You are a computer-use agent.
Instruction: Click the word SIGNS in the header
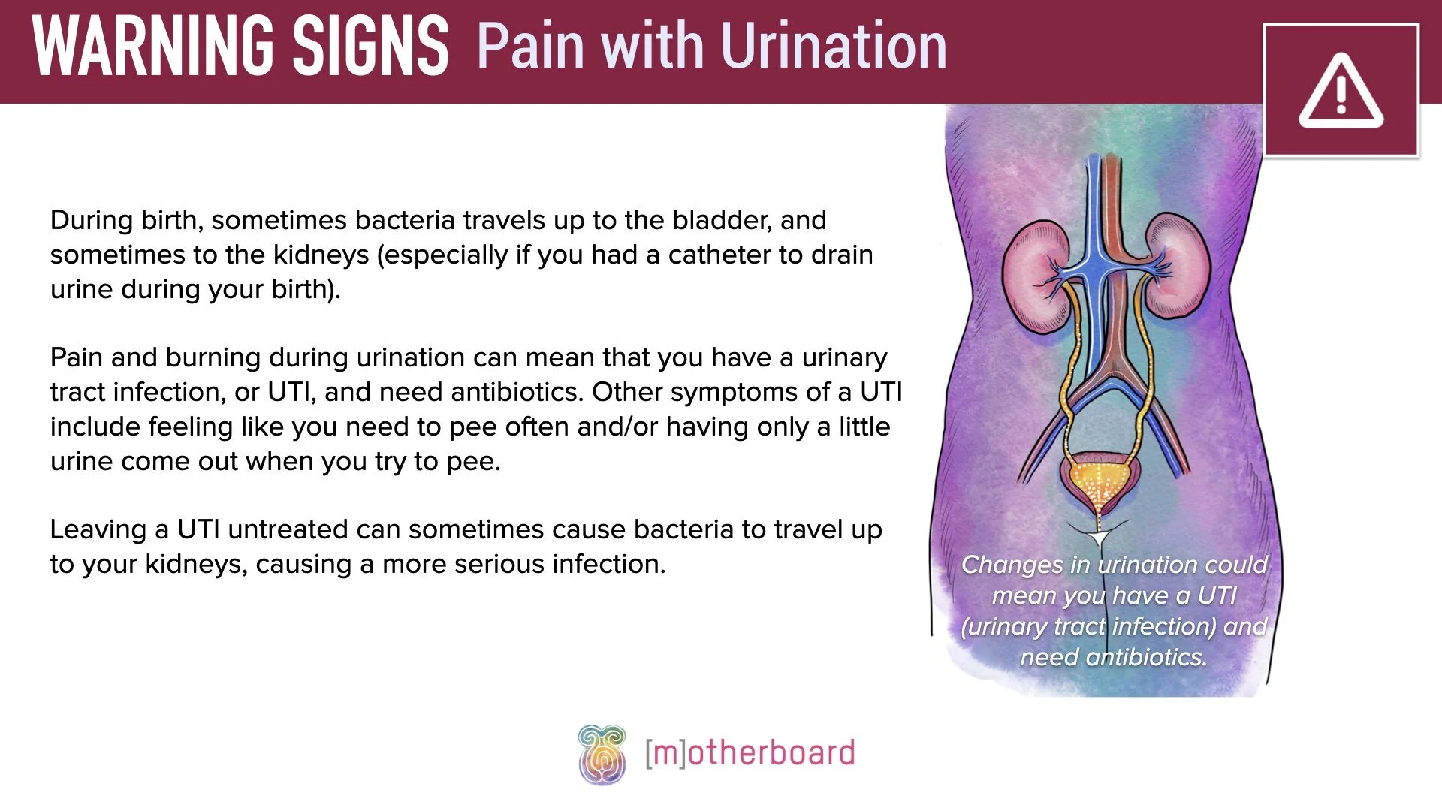370,47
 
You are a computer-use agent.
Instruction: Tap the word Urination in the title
834,47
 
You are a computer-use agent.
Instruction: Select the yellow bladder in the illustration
1099,481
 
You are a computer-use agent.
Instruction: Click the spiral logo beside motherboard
602,754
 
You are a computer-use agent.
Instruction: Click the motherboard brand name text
750,753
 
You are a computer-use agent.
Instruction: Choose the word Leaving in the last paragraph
98,529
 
